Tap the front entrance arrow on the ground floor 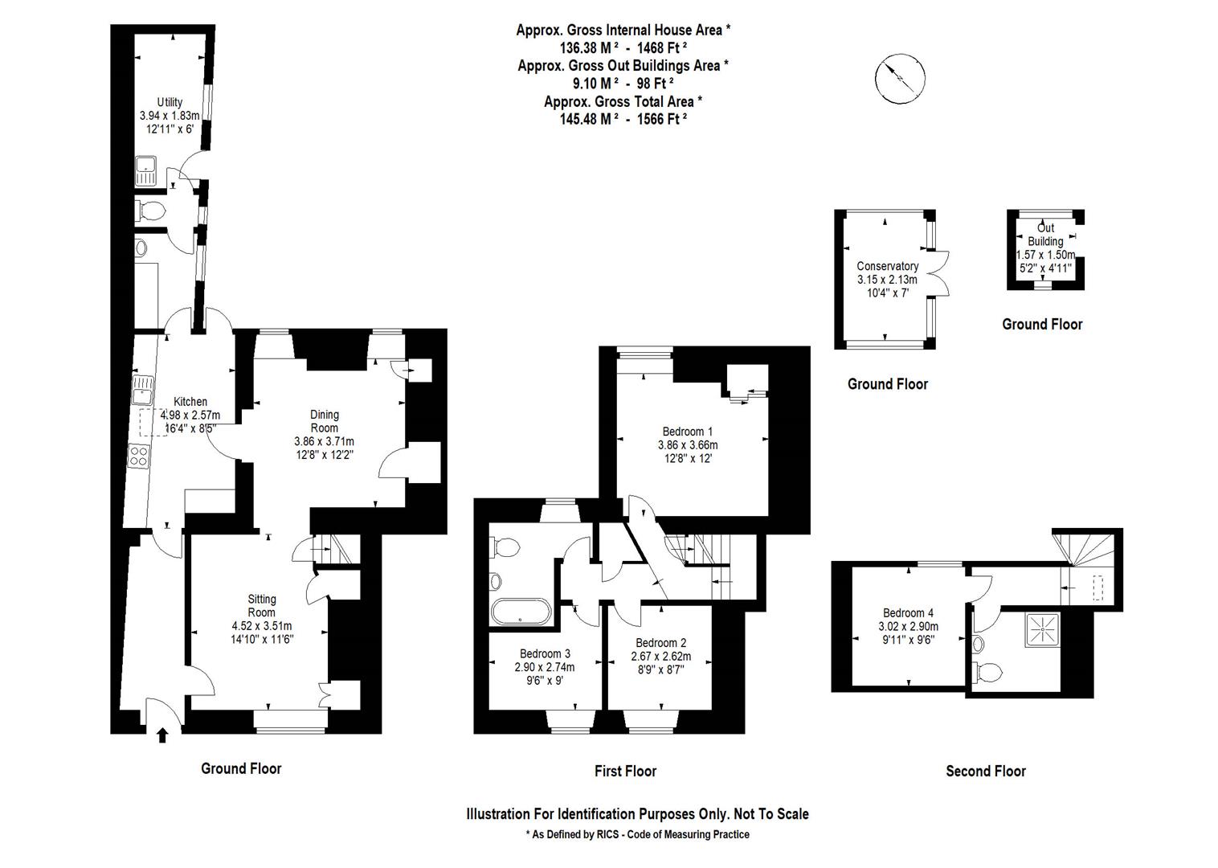click(x=162, y=735)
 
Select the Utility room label click(x=170, y=102)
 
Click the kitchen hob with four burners click(x=138, y=456)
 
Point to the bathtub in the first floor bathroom click(x=520, y=612)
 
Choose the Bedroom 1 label click(x=687, y=432)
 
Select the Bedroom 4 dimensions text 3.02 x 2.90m click(x=908, y=627)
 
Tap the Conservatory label click(x=887, y=266)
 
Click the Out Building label click(x=1045, y=235)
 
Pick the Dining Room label click(x=325, y=421)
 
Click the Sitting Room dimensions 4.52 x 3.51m click(x=261, y=626)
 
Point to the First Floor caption click(x=625, y=772)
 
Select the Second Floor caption click(x=985, y=772)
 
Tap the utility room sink click(x=146, y=170)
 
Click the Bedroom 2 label click(x=660, y=643)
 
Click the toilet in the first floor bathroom click(x=505, y=548)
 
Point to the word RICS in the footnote click(x=608, y=834)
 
